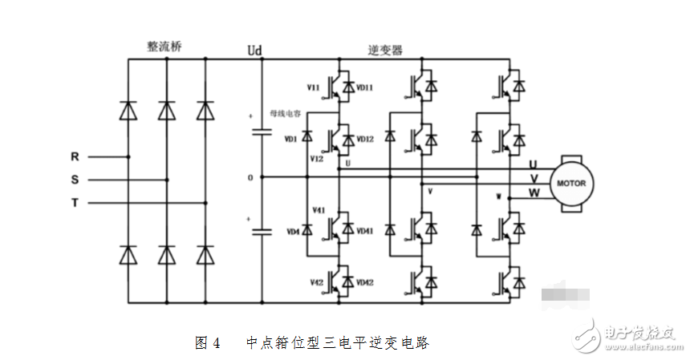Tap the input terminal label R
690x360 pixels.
[75, 157]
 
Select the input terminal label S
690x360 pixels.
[75, 180]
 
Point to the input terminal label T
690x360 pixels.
[75, 203]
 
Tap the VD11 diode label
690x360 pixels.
[365, 87]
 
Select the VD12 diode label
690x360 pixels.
[365, 140]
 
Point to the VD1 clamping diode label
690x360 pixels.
[290, 140]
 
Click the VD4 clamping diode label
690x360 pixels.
[290, 233]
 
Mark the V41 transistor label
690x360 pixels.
[317, 210]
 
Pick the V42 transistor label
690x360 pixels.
[317, 282]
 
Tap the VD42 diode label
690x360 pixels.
[365, 282]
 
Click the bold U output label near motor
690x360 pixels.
[533, 164]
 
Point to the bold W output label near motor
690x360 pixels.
[533, 192]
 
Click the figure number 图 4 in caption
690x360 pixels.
[208, 343]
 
